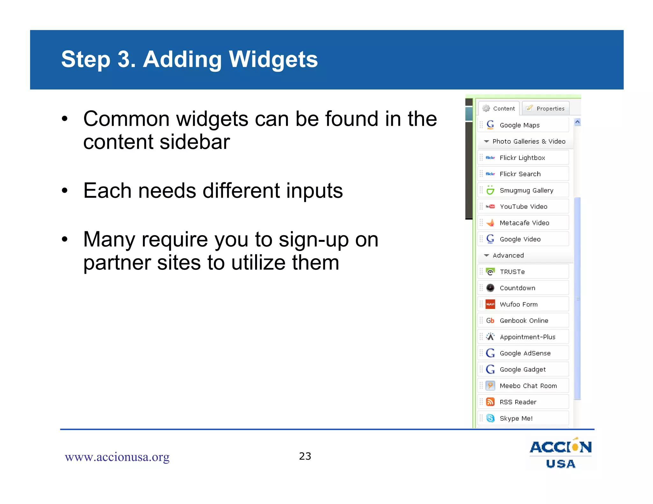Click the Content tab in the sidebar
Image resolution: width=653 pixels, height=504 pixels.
point(499,108)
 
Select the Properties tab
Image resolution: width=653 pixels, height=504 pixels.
point(546,108)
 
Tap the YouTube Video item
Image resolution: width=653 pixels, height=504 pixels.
point(523,206)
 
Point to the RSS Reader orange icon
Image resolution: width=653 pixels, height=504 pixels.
point(490,402)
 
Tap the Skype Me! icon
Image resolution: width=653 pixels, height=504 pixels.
point(490,418)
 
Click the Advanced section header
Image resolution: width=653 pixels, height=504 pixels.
point(508,255)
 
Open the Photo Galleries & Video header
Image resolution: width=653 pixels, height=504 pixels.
point(528,141)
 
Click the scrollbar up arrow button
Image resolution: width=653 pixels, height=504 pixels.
point(577,122)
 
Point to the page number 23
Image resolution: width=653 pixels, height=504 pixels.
point(305,456)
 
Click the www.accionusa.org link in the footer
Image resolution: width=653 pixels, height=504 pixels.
point(117,457)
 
